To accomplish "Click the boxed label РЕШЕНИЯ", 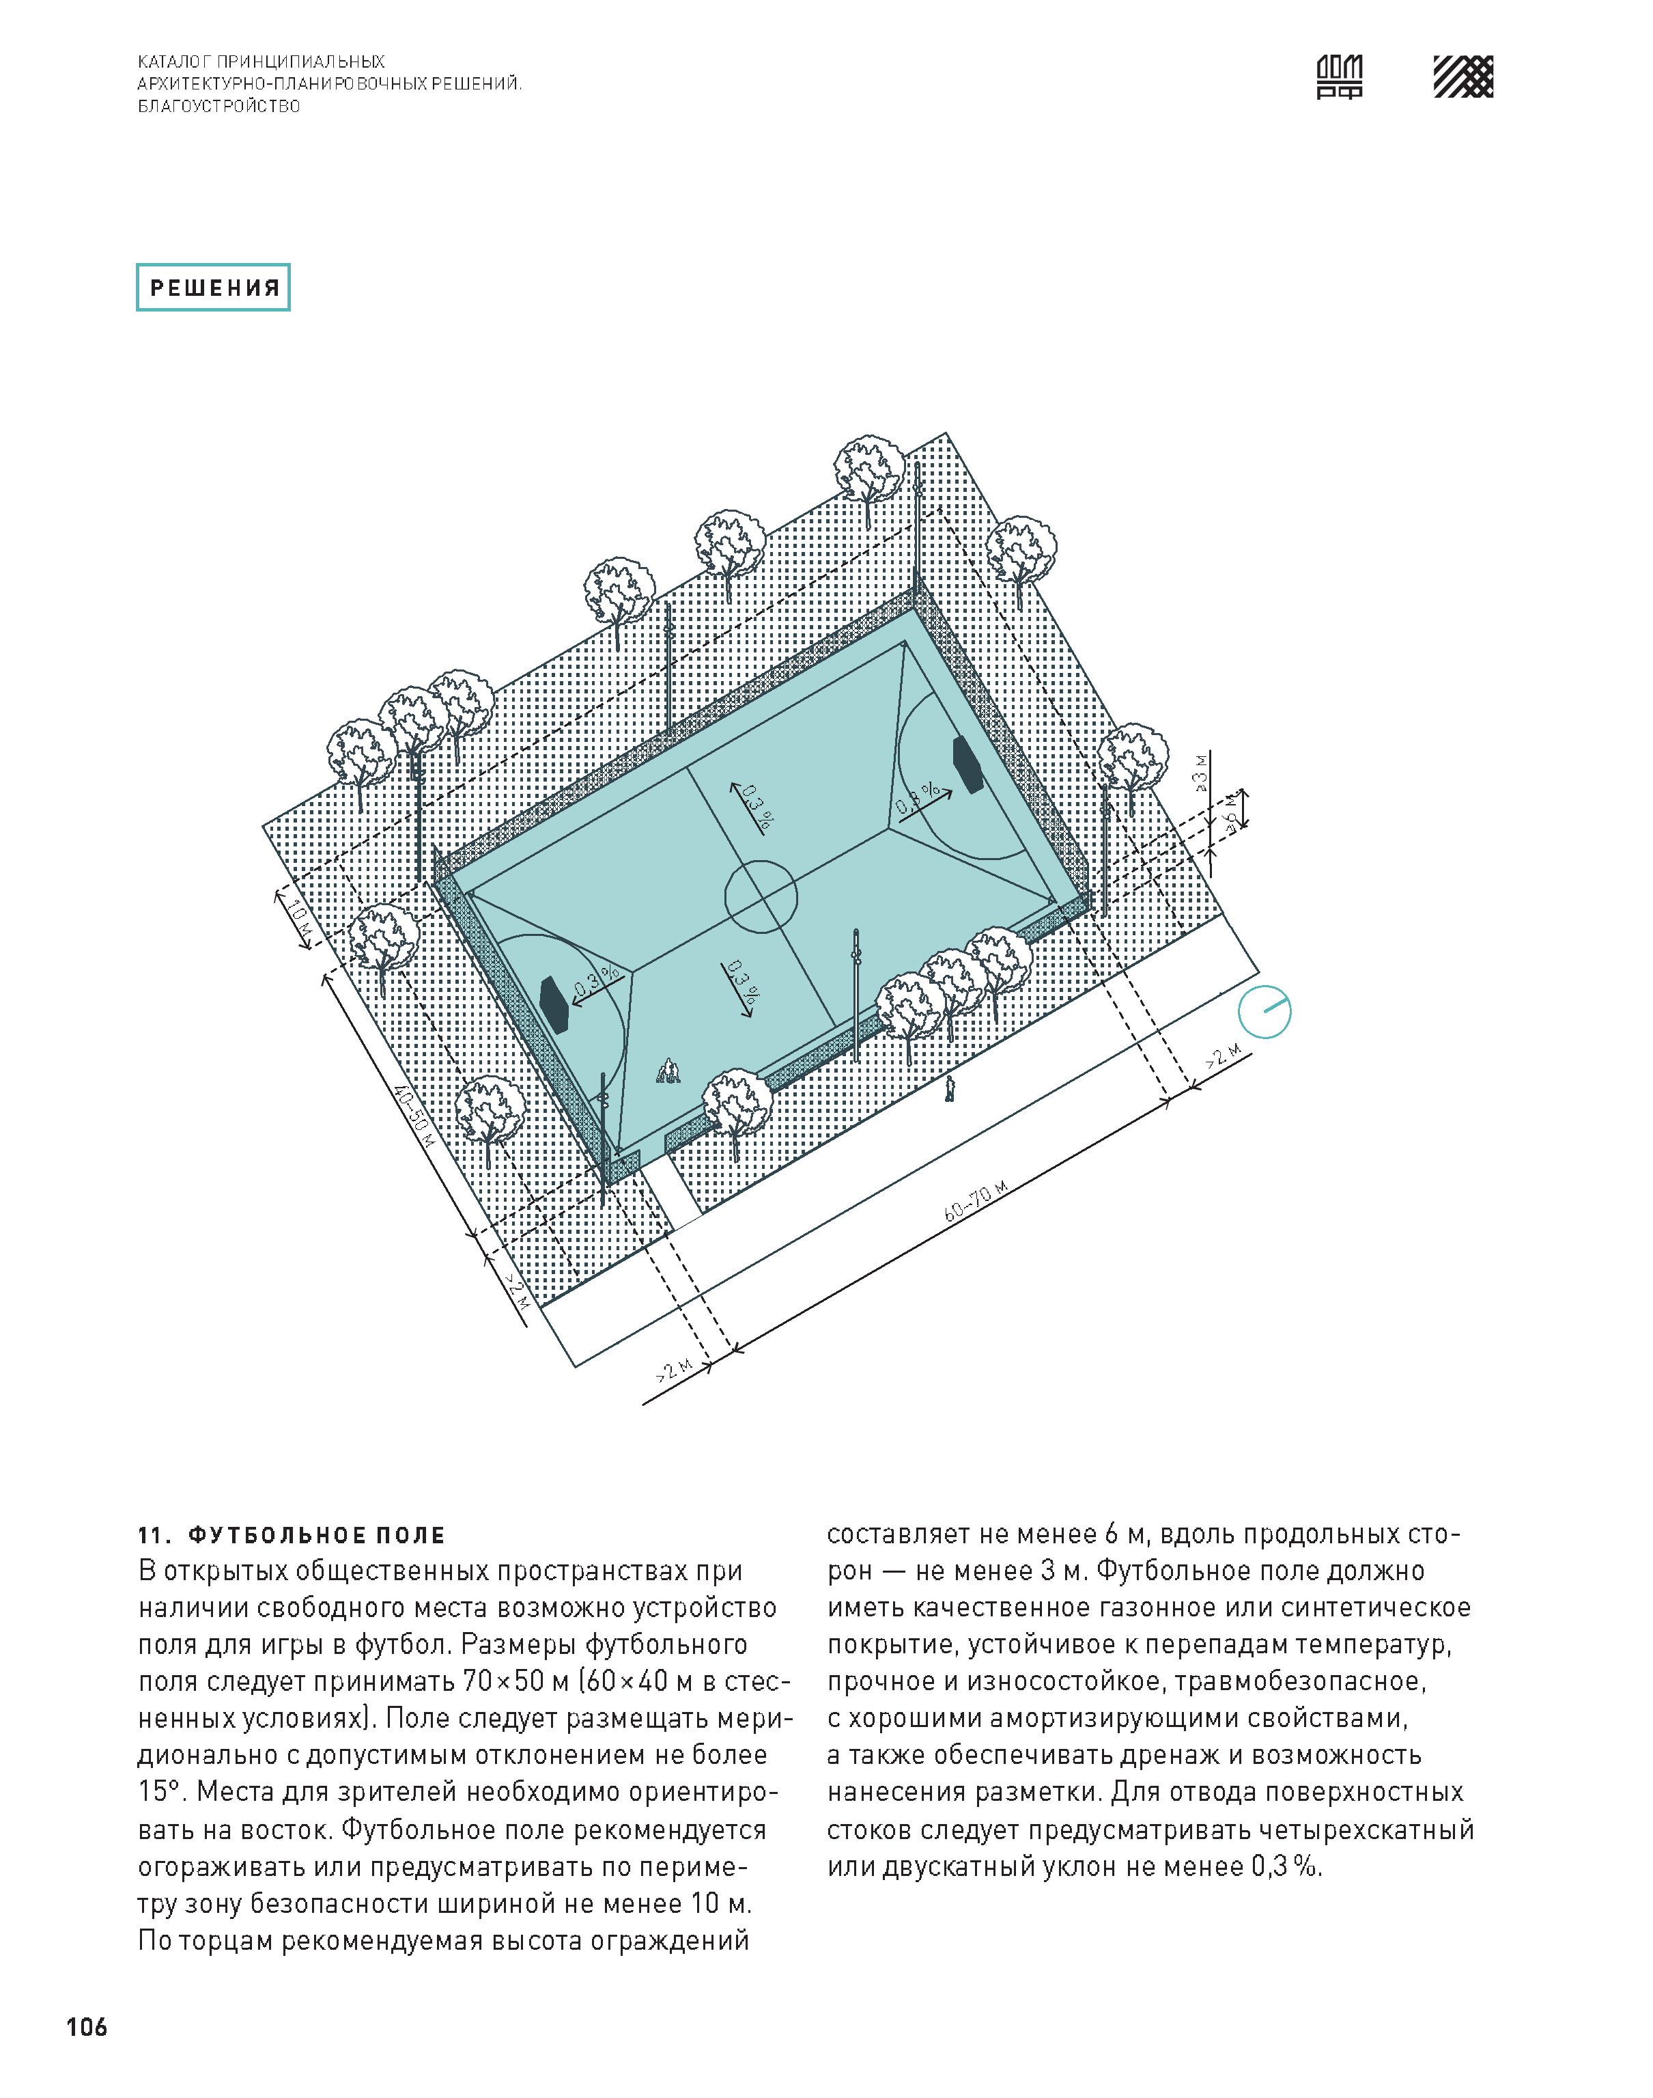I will tap(213, 288).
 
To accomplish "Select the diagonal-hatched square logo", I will tap(1463, 77).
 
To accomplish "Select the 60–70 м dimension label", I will tap(976, 1200).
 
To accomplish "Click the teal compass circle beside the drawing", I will tap(1264, 1012).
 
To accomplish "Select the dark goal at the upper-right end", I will tap(967, 765).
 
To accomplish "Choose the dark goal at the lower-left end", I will tap(554, 1005).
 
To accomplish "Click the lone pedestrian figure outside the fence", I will tap(950, 1088).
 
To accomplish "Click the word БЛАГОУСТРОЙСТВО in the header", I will tap(218, 107).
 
